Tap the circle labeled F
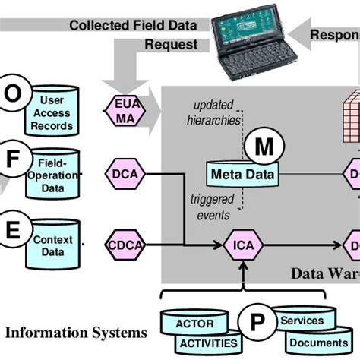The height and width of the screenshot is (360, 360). (13, 160)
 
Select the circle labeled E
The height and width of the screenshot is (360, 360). (13, 228)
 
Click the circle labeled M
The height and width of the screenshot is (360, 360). (262, 147)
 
